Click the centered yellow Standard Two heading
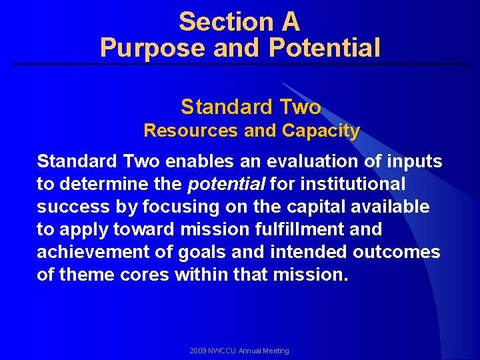tap(251, 107)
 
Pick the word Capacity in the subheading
tap(321, 131)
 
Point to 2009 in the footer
tap(199, 351)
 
